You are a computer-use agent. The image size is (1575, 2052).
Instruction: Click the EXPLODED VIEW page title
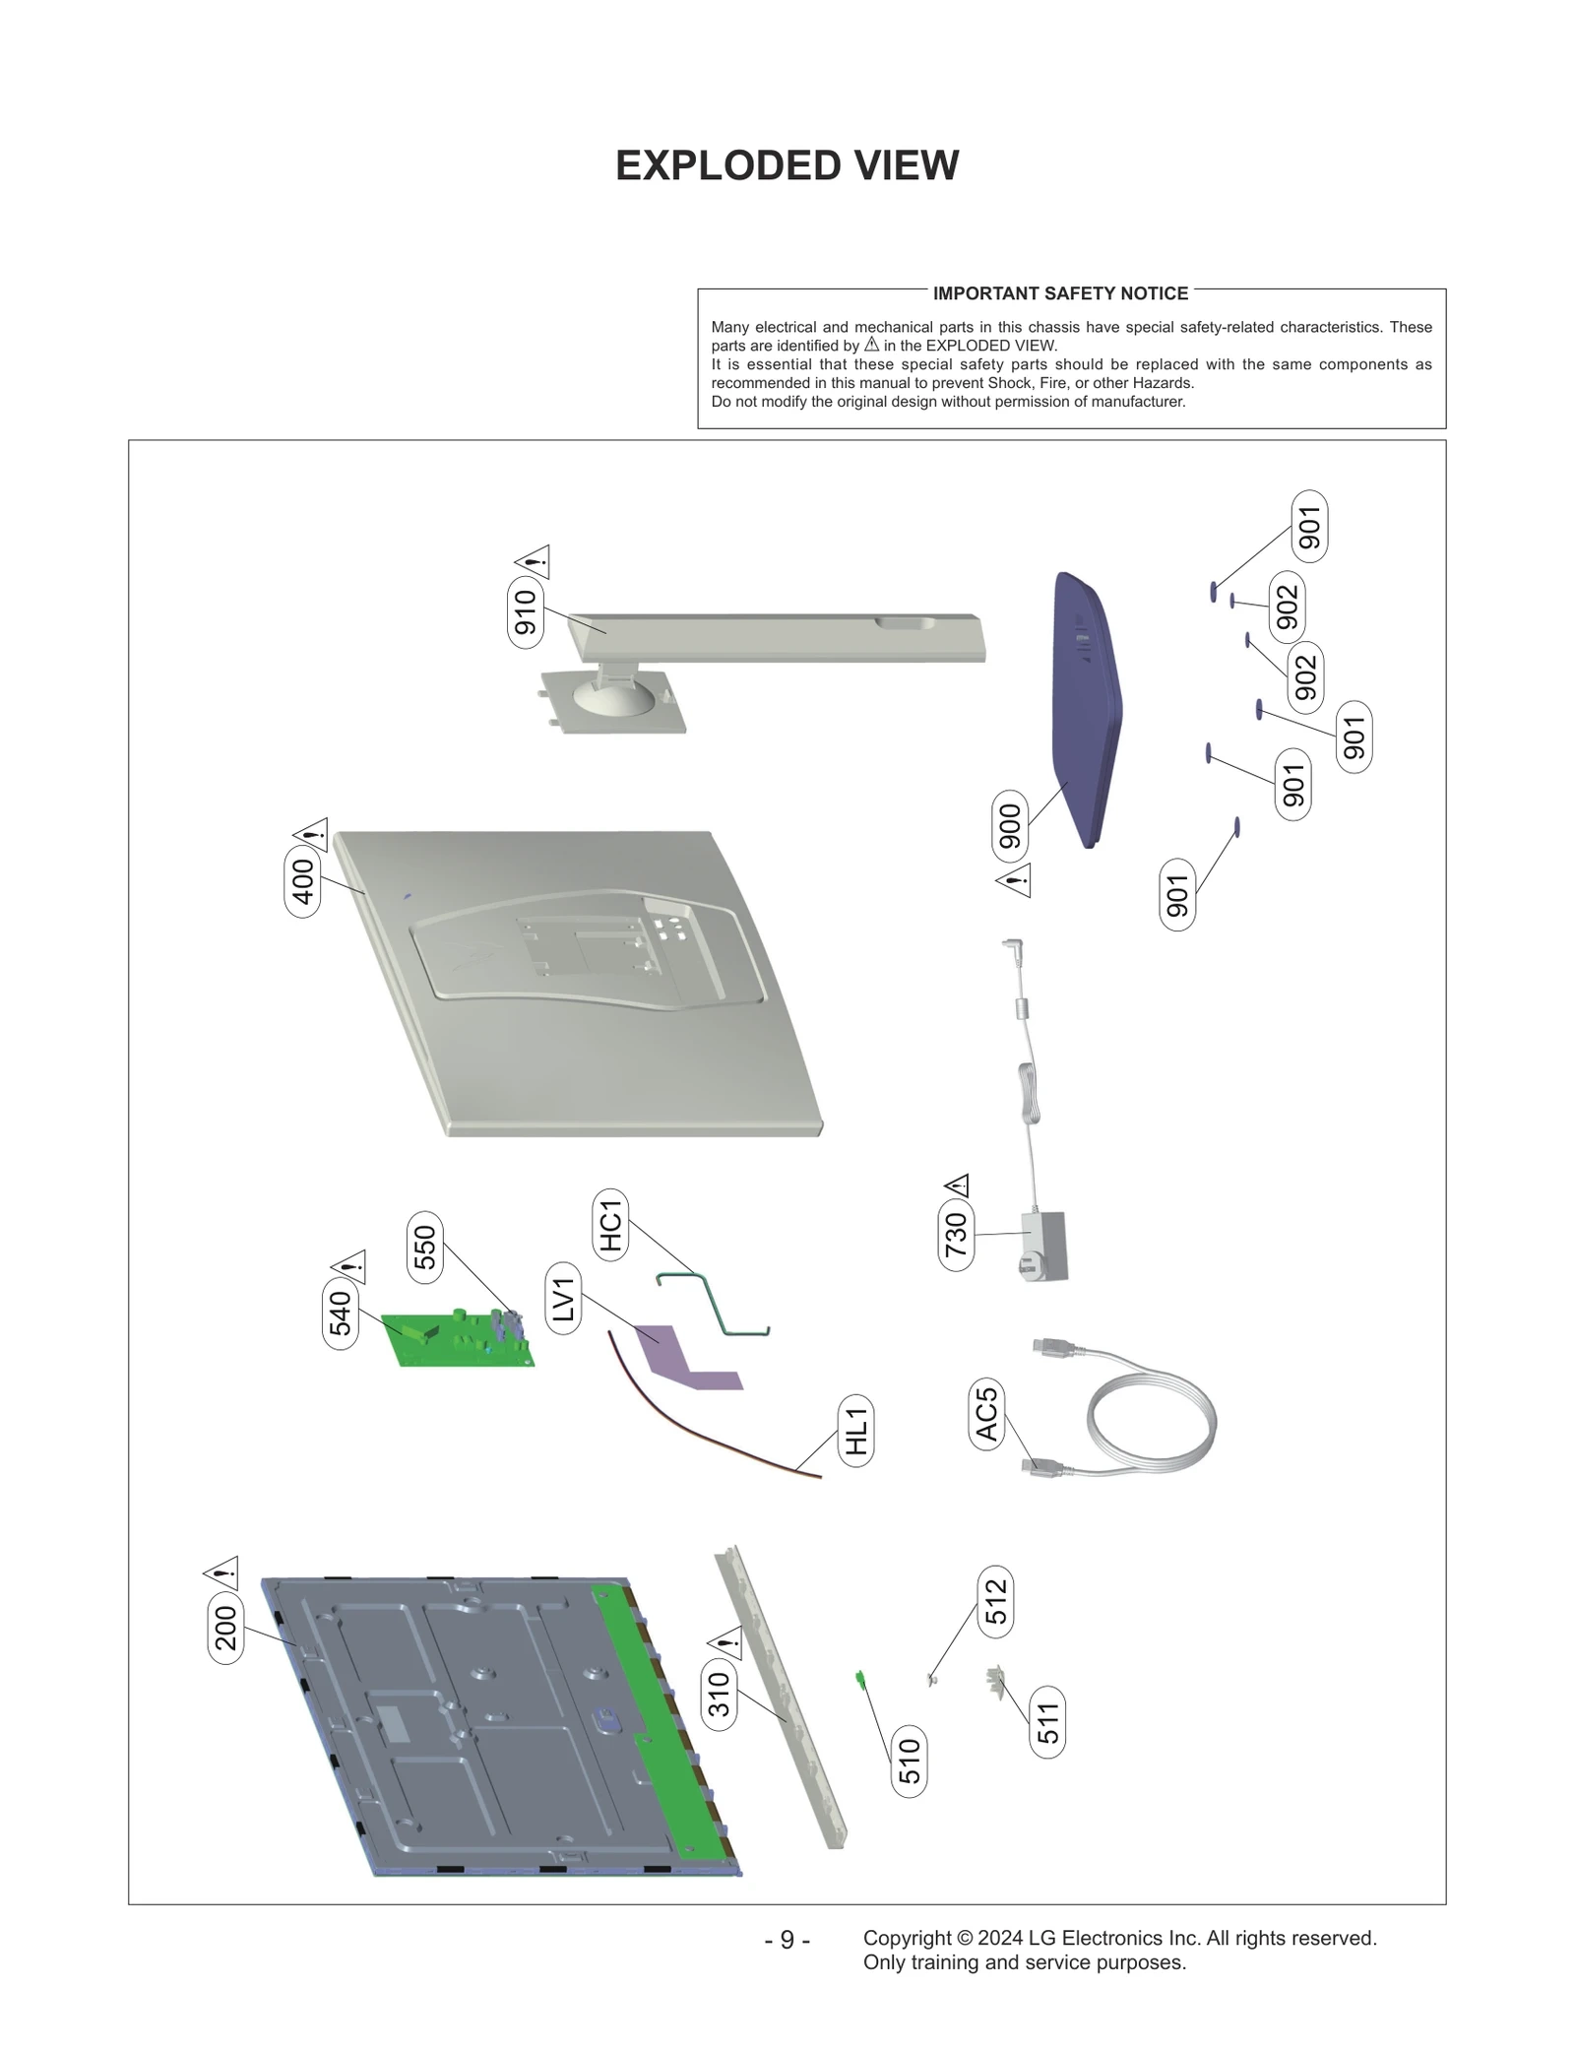click(x=787, y=165)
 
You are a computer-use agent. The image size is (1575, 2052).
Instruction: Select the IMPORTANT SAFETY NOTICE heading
click(x=1060, y=293)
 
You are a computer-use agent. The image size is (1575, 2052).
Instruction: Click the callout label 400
click(x=302, y=880)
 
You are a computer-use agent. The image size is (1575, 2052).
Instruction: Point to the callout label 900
click(x=1010, y=826)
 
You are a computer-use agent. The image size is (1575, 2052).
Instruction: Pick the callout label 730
click(x=956, y=1235)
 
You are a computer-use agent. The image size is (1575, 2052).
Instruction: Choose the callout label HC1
click(x=611, y=1224)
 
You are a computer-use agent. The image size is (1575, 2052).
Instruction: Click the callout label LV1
click(x=562, y=1299)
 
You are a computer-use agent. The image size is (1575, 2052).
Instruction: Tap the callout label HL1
click(x=856, y=1431)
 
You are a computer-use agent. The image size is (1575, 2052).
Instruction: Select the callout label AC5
click(x=987, y=1413)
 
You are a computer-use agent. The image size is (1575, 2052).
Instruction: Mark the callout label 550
click(x=424, y=1248)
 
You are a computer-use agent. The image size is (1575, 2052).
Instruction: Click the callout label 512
click(x=996, y=1602)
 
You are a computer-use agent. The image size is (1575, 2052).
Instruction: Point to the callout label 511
click(x=1048, y=1722)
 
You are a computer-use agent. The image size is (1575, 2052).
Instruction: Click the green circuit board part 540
click(x=458, y=1339)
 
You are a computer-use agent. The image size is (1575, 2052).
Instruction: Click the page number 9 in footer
click(x=787, y=1940)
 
